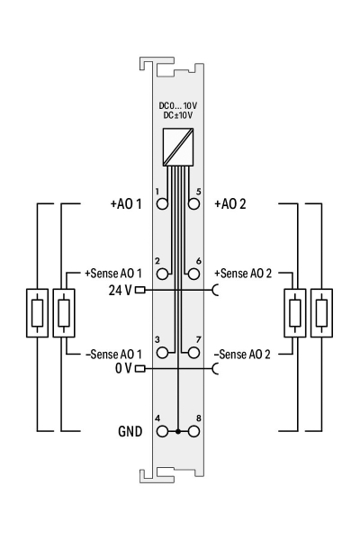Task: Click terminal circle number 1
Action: pos(162,204)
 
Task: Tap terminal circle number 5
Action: pos(194,204)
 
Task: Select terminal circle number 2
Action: pos(162,274)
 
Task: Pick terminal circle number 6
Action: pos(194,274)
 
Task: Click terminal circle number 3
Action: pos(162,353)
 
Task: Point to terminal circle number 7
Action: pos(194,353)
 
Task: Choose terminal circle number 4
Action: pos(162,431)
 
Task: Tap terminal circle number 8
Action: pos(194,431)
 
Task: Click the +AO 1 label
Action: pos(126,204)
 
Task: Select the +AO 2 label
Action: pos(230,204)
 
